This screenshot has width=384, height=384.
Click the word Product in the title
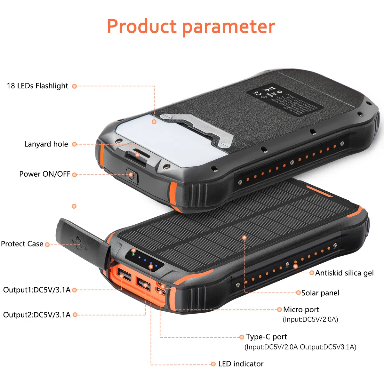(141, 26)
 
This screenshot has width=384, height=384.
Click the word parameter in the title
(228, 27)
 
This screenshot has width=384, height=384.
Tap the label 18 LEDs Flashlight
(37, 86)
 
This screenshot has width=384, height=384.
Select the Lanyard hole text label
(46, 144)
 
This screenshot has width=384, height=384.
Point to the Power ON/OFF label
(44, 174)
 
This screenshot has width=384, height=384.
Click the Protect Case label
(22, 244)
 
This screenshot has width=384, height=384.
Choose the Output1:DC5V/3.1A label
(36, 290)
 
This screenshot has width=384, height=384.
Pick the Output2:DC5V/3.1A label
(36, 315)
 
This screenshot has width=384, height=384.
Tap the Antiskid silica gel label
(344, 273)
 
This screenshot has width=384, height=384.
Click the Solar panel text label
(320, 293)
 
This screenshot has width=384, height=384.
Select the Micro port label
(301, 309)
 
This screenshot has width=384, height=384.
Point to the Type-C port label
(266, 337)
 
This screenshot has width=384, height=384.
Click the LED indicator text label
(241, 364)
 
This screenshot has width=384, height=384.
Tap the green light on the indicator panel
(133, 254)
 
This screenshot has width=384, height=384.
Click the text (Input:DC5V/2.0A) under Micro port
(310, 319)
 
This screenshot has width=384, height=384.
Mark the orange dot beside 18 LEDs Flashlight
(74, 86)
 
